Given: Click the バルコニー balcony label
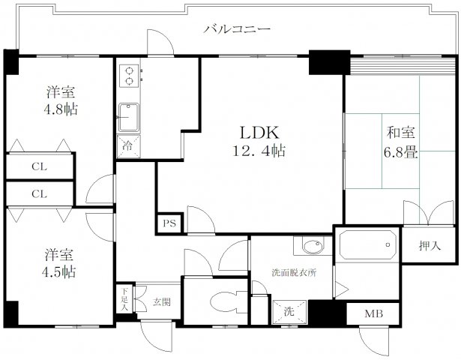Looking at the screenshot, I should click(x=236, y=30).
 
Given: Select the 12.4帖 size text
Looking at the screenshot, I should click(x=259, y=150).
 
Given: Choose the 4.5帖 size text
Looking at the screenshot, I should click(x=60, y=270).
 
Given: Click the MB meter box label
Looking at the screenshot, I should click(x=373, y=314).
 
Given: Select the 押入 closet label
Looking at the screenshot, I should click(x=427, y=245).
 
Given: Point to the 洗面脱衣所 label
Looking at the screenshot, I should click(x=294, y=273).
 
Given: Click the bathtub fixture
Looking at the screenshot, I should click(x=367, y=245).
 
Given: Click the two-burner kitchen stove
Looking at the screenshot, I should click(x=128, y=76).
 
